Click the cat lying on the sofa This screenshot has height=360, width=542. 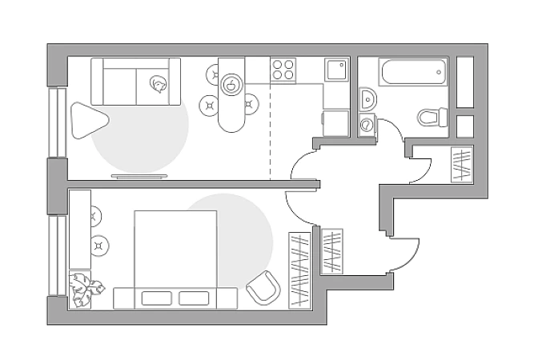click(159, 82)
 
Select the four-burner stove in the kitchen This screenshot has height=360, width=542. click(283, 70)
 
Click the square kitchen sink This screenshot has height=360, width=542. click(336, 70)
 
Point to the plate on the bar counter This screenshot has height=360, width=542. click(231, 82)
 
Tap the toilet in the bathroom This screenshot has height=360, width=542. click(432, 117)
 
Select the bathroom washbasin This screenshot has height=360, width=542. click(367, 99)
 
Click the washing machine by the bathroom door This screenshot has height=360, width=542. click(367, 126)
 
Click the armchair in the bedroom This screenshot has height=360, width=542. click(263, 287)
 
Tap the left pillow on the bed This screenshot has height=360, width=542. click(157, 298)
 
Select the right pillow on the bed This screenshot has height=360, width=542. click(195, 298)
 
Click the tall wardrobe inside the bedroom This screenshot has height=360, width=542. click(299, 269)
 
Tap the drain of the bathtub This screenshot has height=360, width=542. click(440, 73)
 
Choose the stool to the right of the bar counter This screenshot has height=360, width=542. click(251, 103)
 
